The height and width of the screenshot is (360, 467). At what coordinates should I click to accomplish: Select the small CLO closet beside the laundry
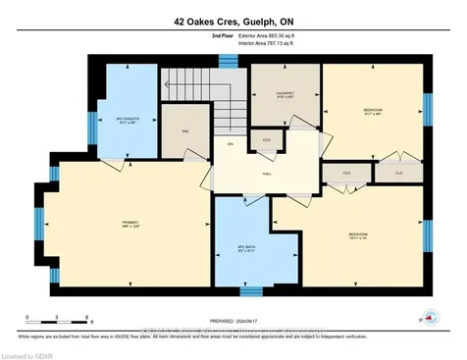coord(266,140)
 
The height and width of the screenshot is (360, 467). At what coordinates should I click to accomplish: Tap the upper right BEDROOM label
coord(373,109)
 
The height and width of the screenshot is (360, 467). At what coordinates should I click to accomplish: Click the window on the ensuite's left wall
coord(90,111)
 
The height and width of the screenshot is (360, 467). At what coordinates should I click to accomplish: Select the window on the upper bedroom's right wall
coord(427,110)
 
